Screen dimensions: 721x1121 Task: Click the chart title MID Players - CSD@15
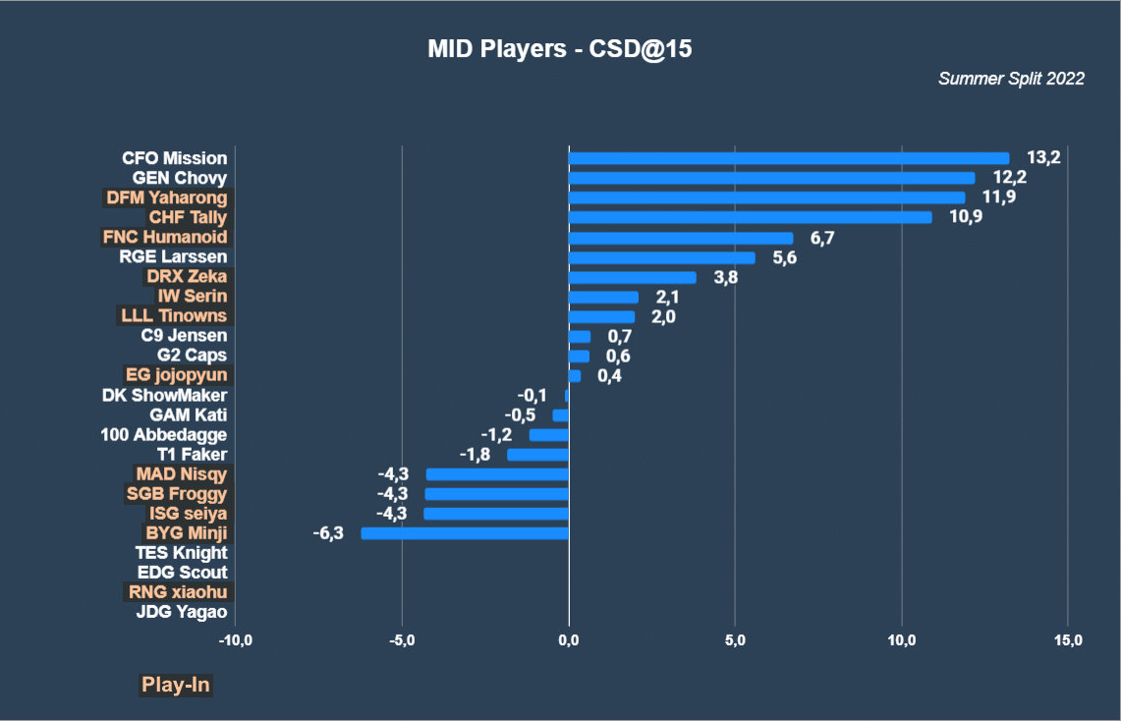(560, 49)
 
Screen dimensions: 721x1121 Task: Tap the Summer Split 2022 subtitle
(1011, 79)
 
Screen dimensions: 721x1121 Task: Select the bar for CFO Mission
(789, 158)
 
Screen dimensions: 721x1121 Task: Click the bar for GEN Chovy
(771, 178)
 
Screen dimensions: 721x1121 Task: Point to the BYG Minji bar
(465, 533)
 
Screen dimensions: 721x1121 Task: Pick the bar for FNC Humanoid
(681, 238)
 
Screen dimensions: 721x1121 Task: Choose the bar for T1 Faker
(537, 455)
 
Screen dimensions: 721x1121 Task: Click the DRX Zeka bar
(632, 277)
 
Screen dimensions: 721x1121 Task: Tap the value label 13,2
(1043, 158)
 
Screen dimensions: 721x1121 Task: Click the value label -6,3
(328, 533)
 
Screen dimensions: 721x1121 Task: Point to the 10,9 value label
(966, 217)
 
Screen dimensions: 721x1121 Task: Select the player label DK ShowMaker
(164, 395)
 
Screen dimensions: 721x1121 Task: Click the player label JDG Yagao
(182, 612)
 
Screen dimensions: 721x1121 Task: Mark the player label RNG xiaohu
(177, 592)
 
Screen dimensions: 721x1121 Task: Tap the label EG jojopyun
(176, 375)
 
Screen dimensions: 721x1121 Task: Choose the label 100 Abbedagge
(164, 434)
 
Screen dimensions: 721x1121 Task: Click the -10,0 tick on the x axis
(235, 640)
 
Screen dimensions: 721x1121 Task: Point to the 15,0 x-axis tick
(1068, 640)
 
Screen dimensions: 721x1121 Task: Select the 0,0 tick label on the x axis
(568, 640)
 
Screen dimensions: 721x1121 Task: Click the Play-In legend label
(176, 685)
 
